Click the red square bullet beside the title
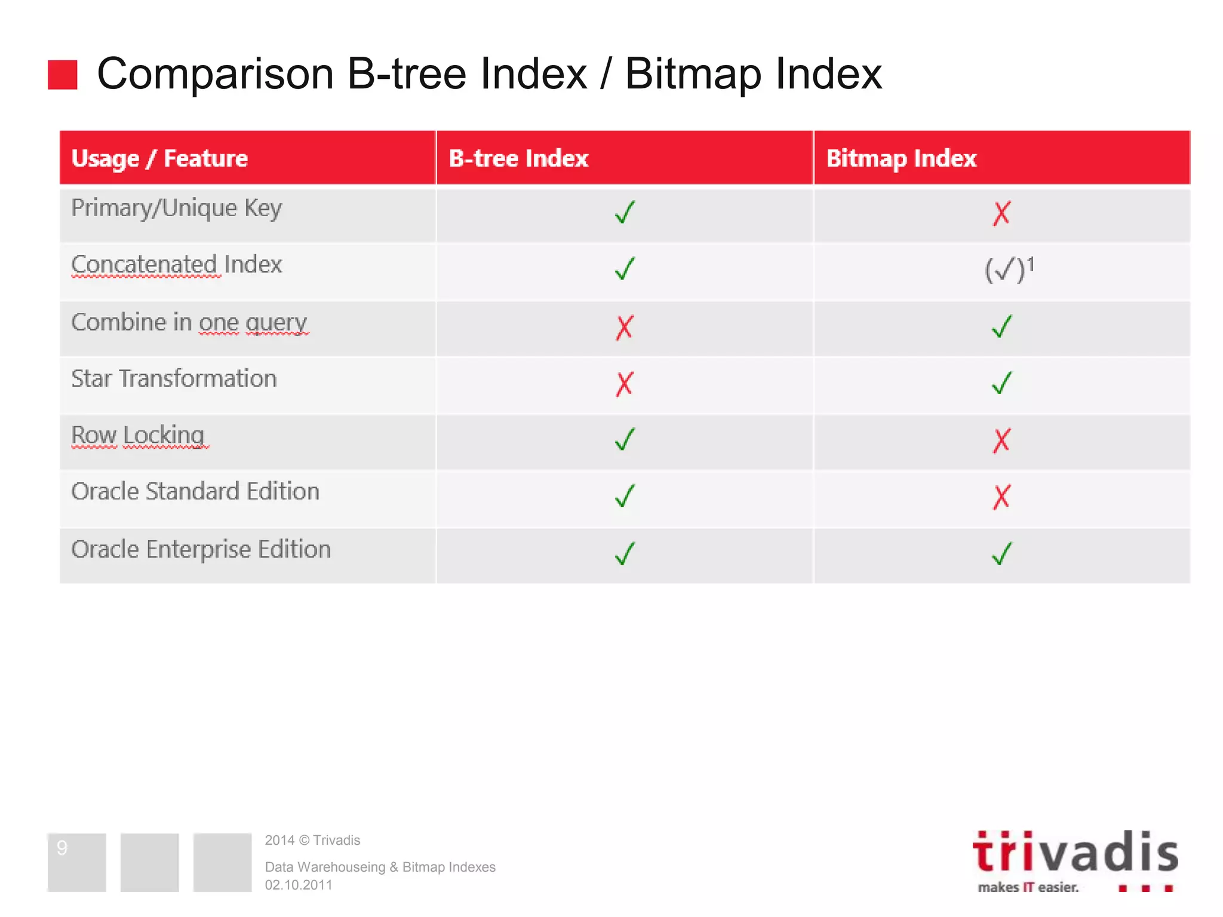point(63,75)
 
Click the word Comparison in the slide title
point(215,74)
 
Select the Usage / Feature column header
point(159,158)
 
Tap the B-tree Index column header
point(518,158)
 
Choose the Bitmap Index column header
point(901,158)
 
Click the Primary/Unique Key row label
point(176,208)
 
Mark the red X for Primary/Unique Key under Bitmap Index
point(1001,213)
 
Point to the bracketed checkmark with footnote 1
point(1008,269)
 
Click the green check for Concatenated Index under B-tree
point(625,268)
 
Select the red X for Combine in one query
point(624,327)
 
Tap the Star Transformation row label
point(174,379)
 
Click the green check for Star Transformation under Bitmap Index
point(1001,383)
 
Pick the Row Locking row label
point(138,435)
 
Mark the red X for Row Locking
point(1001,441)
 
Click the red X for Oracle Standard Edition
point(1001,497)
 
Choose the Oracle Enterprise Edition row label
point(201,549)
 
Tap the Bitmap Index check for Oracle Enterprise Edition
point(1001,553)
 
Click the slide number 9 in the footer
point(62,848)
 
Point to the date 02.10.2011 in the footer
point(299,885)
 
